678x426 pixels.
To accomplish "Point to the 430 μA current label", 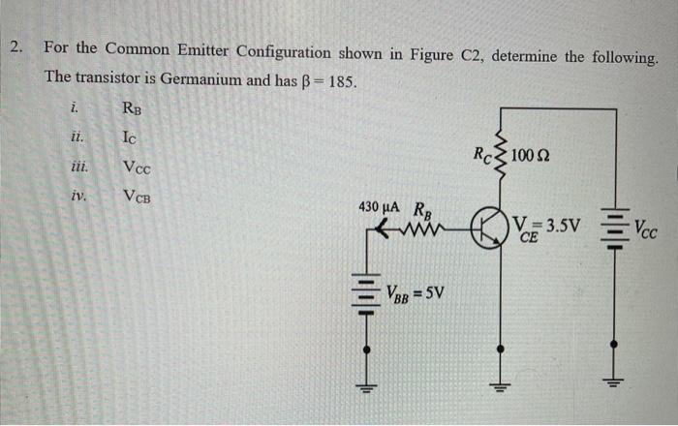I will tap(381, 208).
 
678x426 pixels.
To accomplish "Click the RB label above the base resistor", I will tap(423, 208).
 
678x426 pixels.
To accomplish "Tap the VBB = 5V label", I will tap(414, 289).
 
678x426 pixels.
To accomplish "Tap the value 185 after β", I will tap(343, 79).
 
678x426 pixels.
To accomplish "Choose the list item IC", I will tap(134, 137).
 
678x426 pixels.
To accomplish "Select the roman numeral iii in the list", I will tap(80, 167).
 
